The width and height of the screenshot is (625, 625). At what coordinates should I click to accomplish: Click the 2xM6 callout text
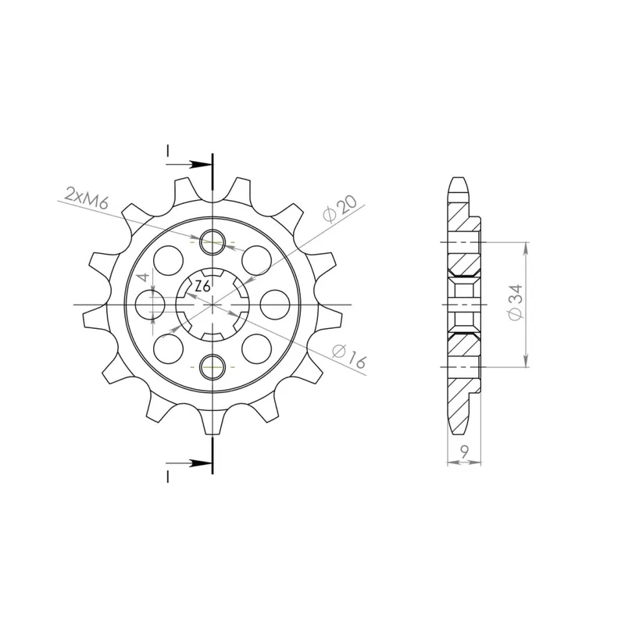(86, 198)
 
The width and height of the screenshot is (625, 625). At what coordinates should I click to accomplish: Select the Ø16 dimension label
(348, 356)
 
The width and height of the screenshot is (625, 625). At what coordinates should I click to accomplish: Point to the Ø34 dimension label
(516, 302)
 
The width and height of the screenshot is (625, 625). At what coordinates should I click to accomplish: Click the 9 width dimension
(464, 452)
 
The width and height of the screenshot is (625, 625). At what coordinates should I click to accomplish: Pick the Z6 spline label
(203, 287)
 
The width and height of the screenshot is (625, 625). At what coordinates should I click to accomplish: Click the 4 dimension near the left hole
(145, 277)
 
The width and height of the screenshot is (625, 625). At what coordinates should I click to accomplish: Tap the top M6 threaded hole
(212, 242)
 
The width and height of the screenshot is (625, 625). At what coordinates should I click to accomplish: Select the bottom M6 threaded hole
(212, 366)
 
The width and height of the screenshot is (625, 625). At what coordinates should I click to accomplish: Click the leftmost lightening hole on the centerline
(150, 305)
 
